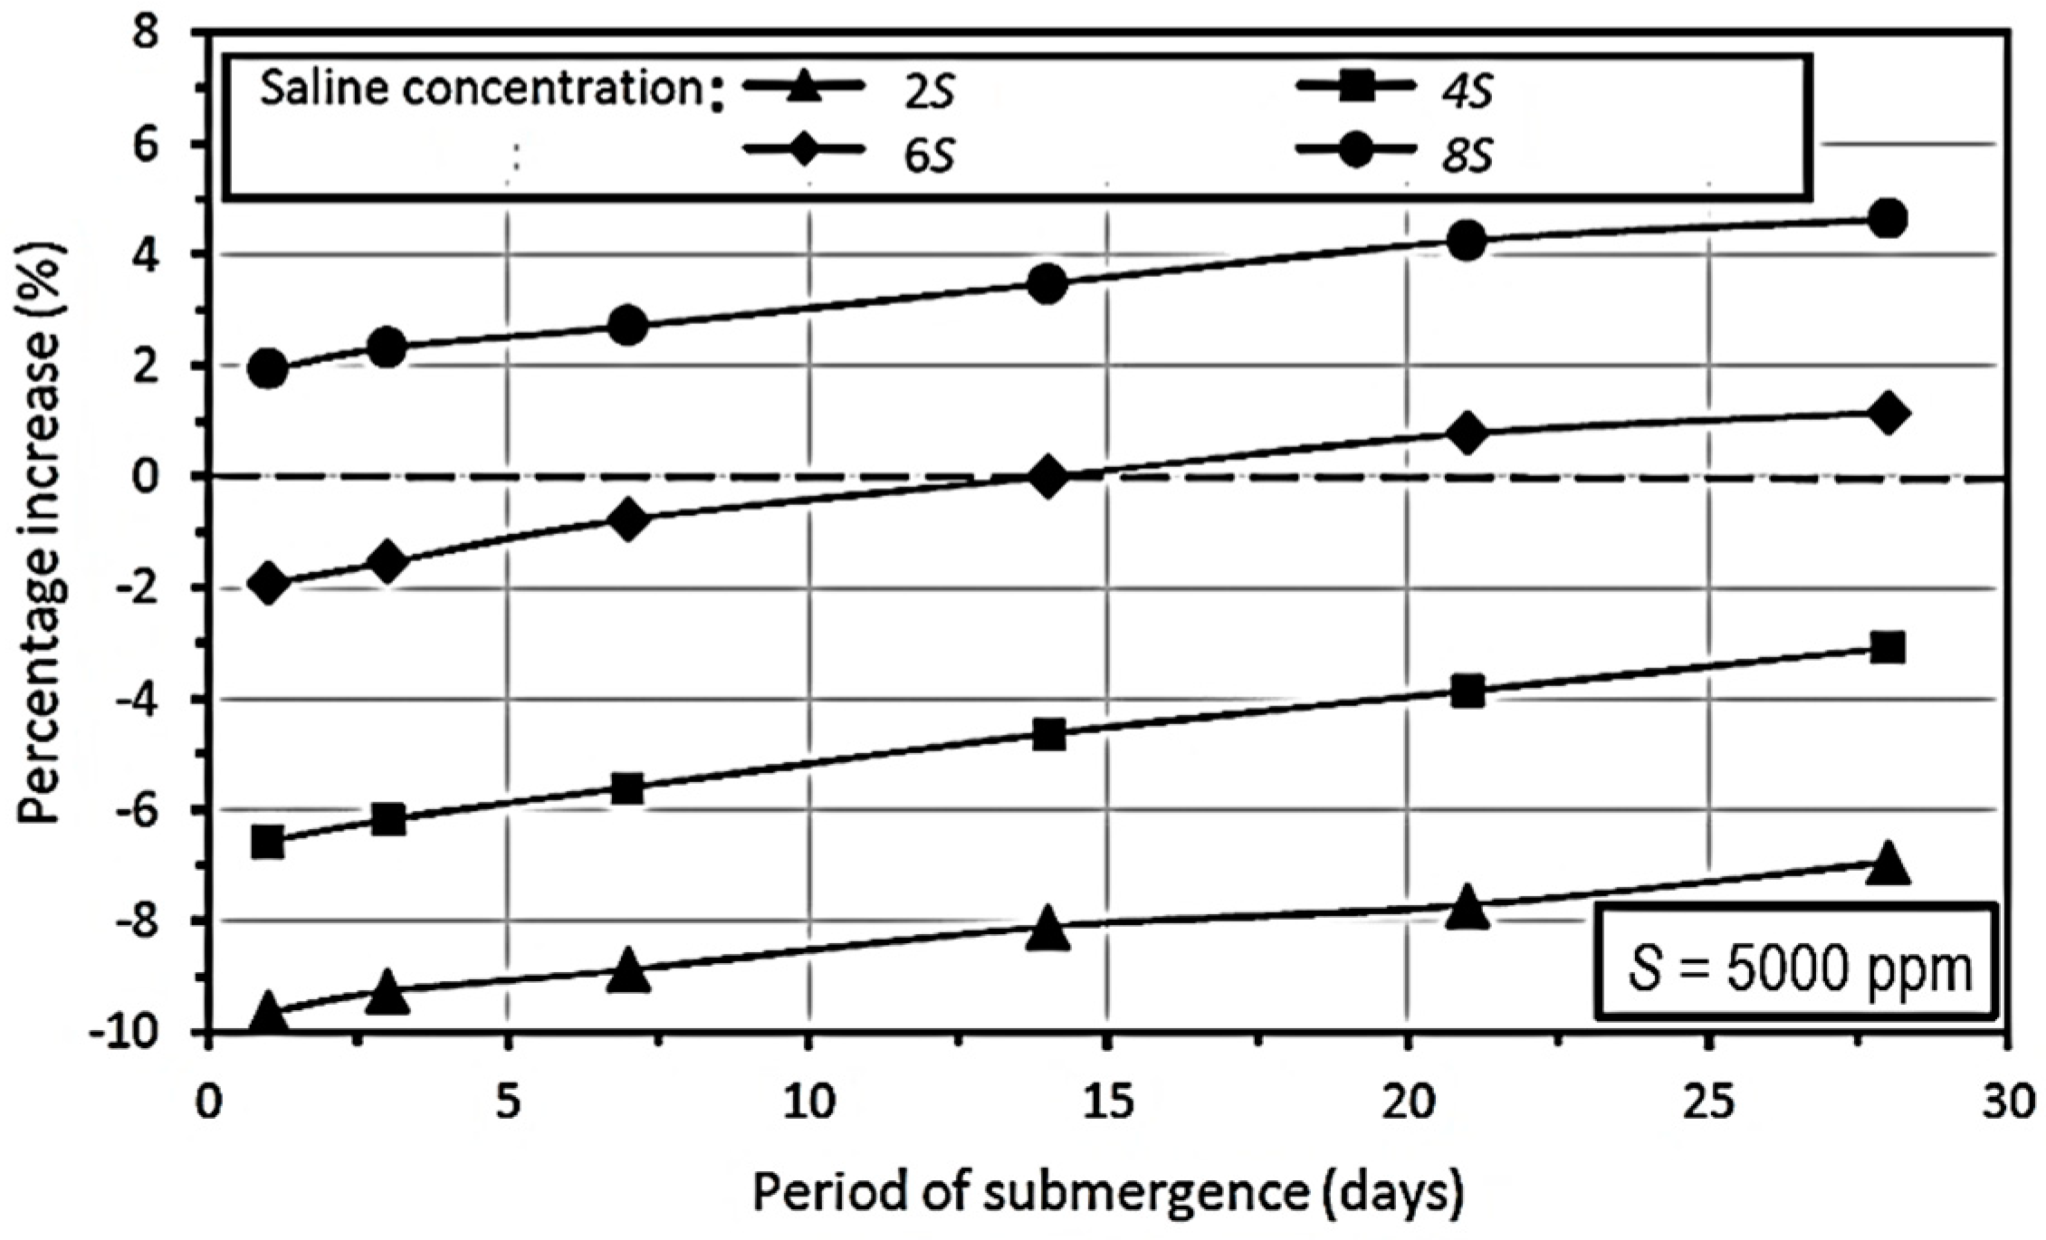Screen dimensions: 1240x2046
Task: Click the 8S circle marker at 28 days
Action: (x=1888, y=219)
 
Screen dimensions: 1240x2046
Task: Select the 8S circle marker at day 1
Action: (x=268, y=368)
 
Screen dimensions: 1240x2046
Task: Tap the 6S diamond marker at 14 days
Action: (x=1048, y=476)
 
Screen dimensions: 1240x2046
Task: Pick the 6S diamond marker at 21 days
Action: (x=1468, y=433)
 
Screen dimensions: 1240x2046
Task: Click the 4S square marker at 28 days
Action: (x=1888, y=647)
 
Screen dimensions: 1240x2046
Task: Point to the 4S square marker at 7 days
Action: (x=627, y=788)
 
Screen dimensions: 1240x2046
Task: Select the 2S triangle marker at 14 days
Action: (x=1048, y=929)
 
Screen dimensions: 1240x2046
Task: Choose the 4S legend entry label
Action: (x=1468, y=93)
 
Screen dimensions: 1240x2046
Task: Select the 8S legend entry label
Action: (x=1468, y=156)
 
